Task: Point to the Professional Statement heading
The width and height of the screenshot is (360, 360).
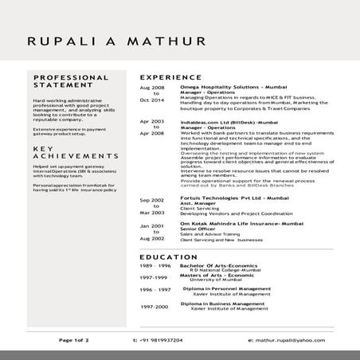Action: [71, 82]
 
